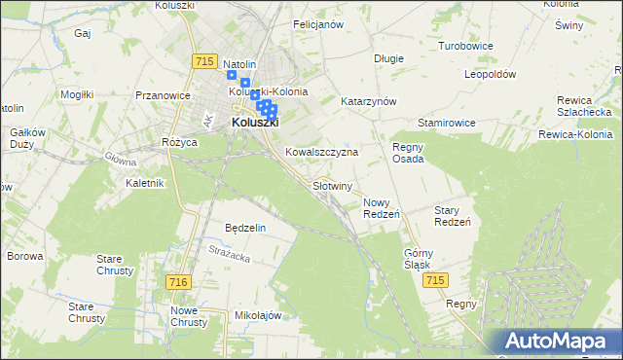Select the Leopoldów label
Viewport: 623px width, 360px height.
click(490, 74)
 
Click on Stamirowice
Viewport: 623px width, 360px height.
click(446, 124)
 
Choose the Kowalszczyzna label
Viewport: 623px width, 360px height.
click(322, 153)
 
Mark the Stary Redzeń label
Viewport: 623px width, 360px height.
click(453, 216)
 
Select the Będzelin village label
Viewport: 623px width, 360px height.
click(245, 227)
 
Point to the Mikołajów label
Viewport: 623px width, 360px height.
click(258, 316)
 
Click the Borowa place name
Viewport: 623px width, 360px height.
click(25, 257)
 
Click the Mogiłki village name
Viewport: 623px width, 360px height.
click(76, 94)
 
